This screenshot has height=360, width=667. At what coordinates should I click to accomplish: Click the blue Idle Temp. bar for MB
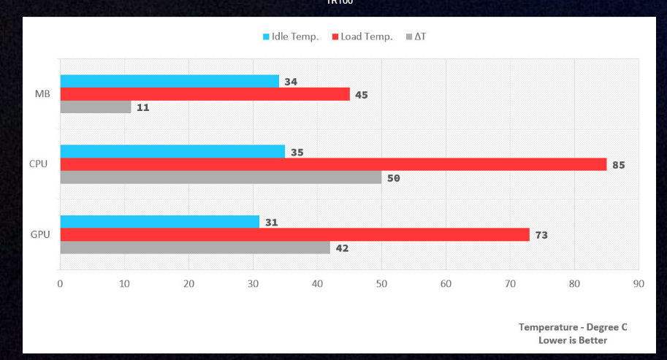tap(169, 81)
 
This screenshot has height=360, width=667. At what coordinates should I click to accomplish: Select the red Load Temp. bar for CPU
tap(333, 164)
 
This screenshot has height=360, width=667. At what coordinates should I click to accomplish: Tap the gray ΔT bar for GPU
tap(195, 248)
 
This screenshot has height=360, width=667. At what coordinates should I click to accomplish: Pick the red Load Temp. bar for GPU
tap(294, 234)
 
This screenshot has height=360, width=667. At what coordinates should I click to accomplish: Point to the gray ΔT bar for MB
tap(96, 107)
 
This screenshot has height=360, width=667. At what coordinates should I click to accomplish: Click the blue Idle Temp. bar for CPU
tap(172, 151)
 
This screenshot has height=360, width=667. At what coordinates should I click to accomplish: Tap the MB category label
tap(42, 94)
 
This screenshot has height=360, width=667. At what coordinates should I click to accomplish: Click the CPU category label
tap(39, 164)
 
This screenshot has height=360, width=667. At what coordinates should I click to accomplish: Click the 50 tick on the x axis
tap(381, 283)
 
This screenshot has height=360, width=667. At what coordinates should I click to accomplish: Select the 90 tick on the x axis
tap(639, 283)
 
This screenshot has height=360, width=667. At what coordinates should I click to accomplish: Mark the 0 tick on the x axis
tap(60, 283)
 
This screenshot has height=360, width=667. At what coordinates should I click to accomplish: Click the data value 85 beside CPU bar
tap(619, 165)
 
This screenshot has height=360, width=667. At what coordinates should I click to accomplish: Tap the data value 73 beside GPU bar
tap(541, 235)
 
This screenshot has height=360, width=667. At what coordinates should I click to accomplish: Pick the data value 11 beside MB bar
tap(143, 107)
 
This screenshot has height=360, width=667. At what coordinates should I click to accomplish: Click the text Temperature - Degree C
tap(573, 327)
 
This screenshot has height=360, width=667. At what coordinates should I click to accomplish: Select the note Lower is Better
tap(573, 340)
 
